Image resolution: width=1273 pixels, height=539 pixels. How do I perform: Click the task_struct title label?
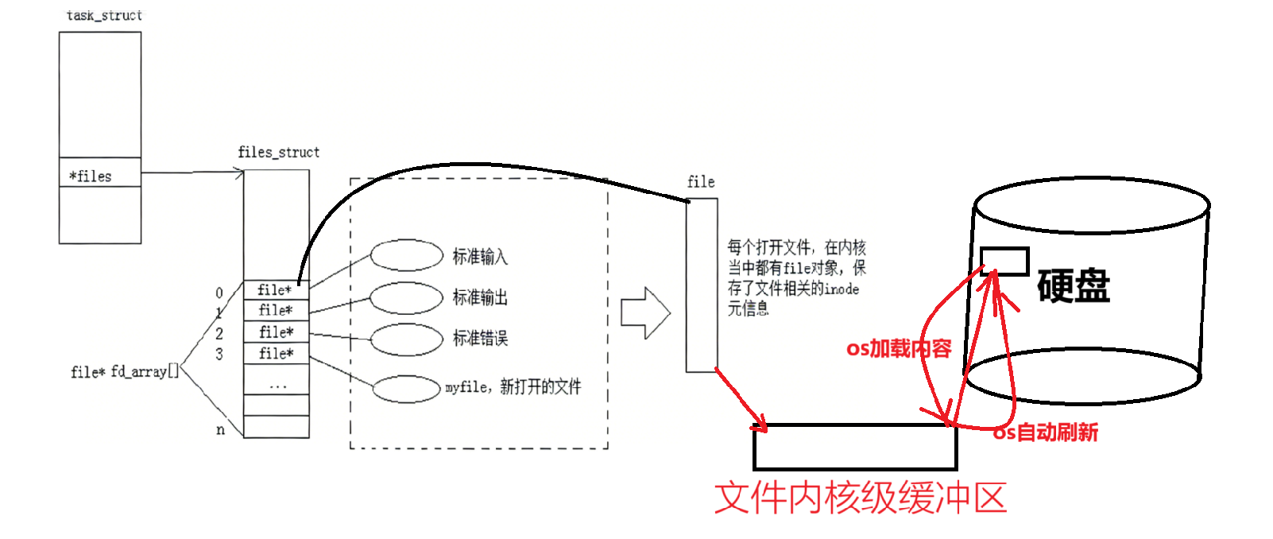tap(104, 15)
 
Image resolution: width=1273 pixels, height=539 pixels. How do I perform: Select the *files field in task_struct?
tap(91, 176)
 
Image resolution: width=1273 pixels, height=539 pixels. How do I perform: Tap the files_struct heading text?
tap(278, 152)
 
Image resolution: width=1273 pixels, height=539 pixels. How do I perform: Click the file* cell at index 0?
tap(275, 290)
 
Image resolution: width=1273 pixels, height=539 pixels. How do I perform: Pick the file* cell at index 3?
tap(276, 353)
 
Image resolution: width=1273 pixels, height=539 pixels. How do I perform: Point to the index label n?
tap(220, 430)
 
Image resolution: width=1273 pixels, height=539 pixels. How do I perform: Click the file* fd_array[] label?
tap(124, 371)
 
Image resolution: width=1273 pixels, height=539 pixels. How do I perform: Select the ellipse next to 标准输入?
tap(407, 255)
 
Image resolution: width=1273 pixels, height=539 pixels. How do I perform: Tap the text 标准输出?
tap(480, 297)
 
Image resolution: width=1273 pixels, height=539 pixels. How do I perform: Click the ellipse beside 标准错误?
tap(407, 339)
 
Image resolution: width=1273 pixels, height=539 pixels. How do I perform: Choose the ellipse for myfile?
tap(406, 389)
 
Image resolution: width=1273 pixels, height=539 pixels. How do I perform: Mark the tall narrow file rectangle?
tap(702, 285)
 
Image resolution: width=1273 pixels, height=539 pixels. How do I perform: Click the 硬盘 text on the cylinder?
tap(1073, 286)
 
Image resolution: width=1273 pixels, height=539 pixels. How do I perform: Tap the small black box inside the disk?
tap(1004, 261)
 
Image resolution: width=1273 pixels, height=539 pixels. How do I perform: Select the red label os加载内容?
tap(898, 349)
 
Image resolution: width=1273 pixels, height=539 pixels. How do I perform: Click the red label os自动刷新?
tap(1046, 432)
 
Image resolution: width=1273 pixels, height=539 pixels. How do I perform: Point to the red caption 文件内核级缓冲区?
tap(861, 498)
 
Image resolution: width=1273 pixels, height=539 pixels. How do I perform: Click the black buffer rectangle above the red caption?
tap(855, 447)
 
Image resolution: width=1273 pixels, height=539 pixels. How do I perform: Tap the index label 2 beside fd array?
tap(219, 333)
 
